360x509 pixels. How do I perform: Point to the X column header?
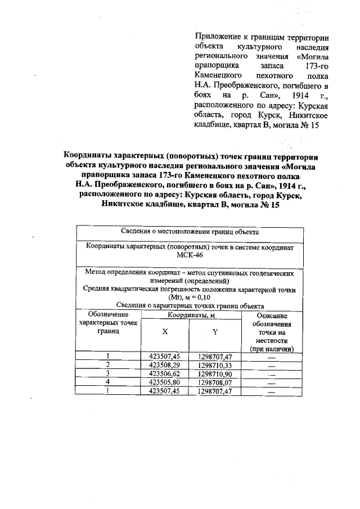165,332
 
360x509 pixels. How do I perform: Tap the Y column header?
214,332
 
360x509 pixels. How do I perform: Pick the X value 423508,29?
165,364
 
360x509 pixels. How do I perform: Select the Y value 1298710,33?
215,364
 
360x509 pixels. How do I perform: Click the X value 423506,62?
165,373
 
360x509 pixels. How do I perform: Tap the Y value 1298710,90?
215,373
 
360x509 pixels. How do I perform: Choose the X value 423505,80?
165,381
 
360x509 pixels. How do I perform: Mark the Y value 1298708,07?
215,381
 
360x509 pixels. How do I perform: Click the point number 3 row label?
107,373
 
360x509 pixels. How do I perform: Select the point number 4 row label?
107,381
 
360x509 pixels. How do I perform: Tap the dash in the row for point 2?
271,365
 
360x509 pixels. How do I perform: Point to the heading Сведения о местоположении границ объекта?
190,232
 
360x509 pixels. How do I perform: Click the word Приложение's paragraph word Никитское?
307,115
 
